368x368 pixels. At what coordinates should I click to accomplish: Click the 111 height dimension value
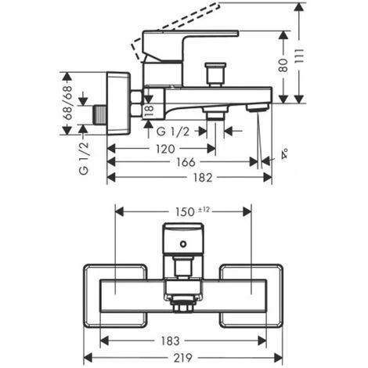299,60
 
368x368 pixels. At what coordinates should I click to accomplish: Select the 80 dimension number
283,65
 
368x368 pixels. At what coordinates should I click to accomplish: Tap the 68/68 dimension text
67,103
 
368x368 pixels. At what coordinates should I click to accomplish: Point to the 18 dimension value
149,111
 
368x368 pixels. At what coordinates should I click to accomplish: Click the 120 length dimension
165,149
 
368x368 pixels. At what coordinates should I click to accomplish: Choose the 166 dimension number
186,162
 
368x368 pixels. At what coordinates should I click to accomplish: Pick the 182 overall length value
203,178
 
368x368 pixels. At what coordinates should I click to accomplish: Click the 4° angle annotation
284,153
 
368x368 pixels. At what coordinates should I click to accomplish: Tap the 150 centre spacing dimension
185,212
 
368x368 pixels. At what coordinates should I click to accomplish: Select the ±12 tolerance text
204,209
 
